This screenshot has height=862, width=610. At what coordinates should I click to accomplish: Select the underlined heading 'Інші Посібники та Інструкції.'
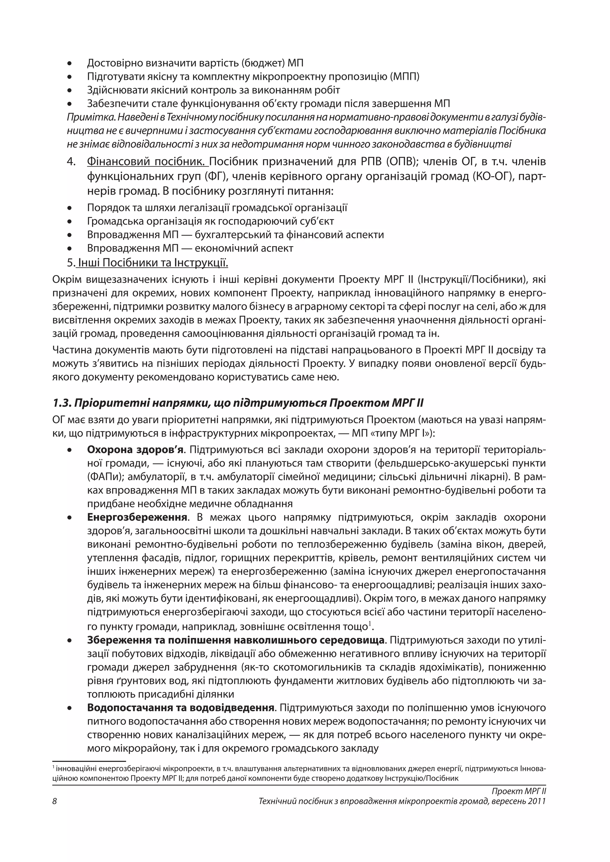(152, 263)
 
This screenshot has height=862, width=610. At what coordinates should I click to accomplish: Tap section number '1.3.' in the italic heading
(61, 403)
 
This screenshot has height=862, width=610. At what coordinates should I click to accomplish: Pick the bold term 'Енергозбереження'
(137, 517)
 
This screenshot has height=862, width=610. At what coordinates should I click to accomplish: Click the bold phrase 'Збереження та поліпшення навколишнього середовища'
(236, 641)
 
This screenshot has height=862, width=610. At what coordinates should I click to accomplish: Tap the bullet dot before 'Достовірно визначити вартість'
(69, 63)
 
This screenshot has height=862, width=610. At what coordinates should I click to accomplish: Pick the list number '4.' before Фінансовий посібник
(71, 162)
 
